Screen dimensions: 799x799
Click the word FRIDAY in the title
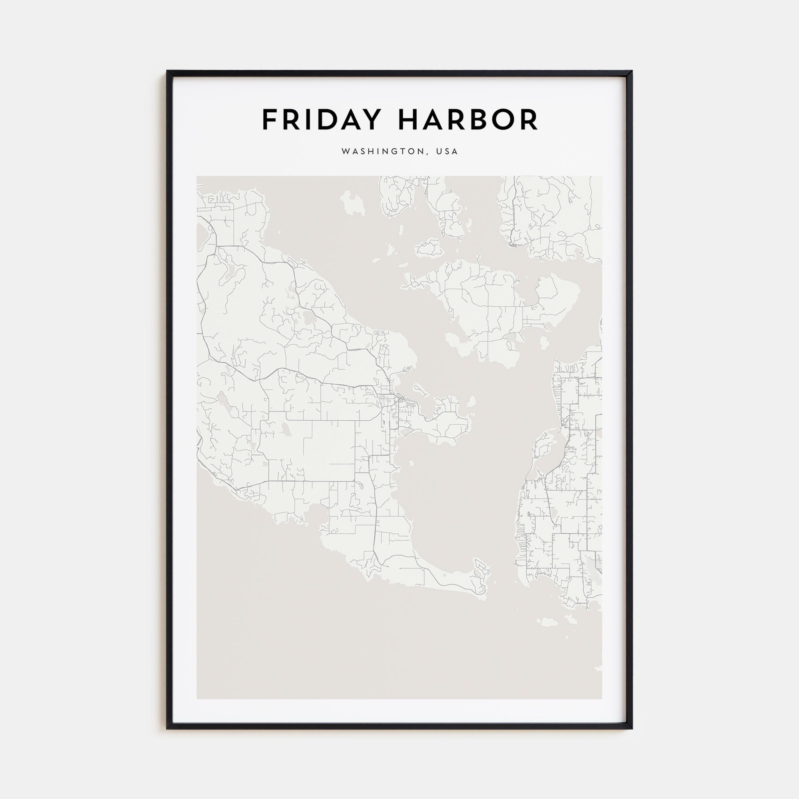pyautogui.click(x=321, y=120)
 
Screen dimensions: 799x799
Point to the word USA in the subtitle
pyautogui.click(x=447, y=152)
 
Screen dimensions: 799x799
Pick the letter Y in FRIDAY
pyautogui.click(x=371, y=120)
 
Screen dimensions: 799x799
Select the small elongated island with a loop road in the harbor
pyautogui.click(x=419, y=388)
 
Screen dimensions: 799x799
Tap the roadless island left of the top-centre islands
pyautogui.click(x=353, y=203)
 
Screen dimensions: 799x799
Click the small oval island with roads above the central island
pyautogui.click(x=429, y=248)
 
